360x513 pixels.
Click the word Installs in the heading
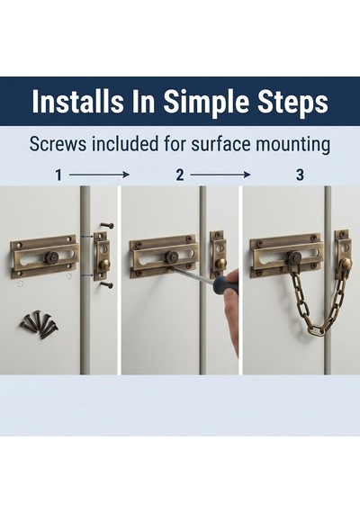pyautogui.click(x=78, y=101)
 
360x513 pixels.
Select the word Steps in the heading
pyautogui.click(x=292, y=102)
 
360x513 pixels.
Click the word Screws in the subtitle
pyautogui.click(x=58, y=144)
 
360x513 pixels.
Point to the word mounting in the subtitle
pyautogui.click(x=292, y=145)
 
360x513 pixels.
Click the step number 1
pyautogui.click(x=58, y=175)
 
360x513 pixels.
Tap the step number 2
pyautogui.click(x=180, y=175)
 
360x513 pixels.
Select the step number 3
pyautogui.click(x=300, y=175)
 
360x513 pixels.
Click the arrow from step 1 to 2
pyautogui.click(x=100, y=175)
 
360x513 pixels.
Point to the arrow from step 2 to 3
pyautogui.click(x=220, y=175)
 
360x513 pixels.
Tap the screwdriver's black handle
pyautogui.click(x=226, y=285)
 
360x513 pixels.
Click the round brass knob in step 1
pyautogui.click(x=104, y=264)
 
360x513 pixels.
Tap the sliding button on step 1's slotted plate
pyautogui.click(x=52, y=257)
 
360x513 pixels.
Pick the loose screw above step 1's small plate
pyautogui.click(x=107, y=225)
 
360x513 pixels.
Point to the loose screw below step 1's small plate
pyautogui.click(x=107, y=284)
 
